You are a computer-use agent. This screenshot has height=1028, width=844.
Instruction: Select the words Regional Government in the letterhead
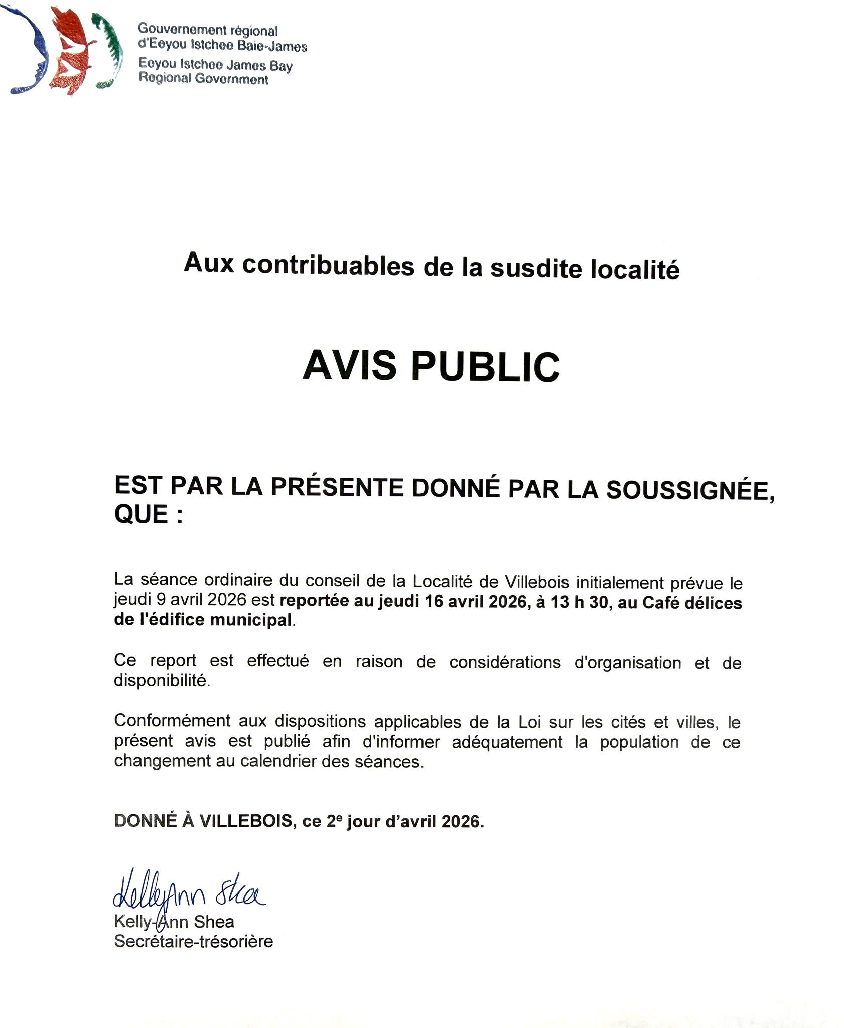(203, 79)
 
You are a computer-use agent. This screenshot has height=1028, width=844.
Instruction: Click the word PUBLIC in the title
(485, 367)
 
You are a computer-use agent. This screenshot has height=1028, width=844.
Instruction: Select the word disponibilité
(162, 681)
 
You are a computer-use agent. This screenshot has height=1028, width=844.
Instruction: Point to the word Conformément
(172, 721)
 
